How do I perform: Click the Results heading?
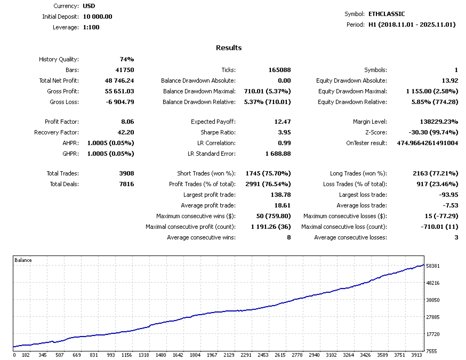[229, 47]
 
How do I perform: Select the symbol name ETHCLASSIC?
[387, 14]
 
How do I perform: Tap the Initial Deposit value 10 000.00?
[98, 17]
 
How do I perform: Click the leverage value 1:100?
[91, 27]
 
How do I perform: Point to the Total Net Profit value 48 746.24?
[119, 81]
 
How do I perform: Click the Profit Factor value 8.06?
[127, 122]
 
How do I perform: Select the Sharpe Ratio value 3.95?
[284, 132]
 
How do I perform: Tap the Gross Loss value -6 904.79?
[120, 102]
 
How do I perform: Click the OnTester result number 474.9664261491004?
[428, 143]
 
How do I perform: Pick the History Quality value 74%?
[126, 59]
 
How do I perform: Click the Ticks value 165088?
[279, 70]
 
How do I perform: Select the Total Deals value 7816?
[126, 184]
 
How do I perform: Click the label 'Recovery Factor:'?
[57, 132]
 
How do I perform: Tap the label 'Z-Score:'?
[376, 132]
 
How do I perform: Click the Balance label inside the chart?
[23, 260]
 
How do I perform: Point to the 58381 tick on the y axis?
[433, 266]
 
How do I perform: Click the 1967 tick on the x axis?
[212, 355]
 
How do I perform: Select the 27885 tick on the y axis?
[433, 317]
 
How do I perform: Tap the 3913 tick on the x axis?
[416, 355]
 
